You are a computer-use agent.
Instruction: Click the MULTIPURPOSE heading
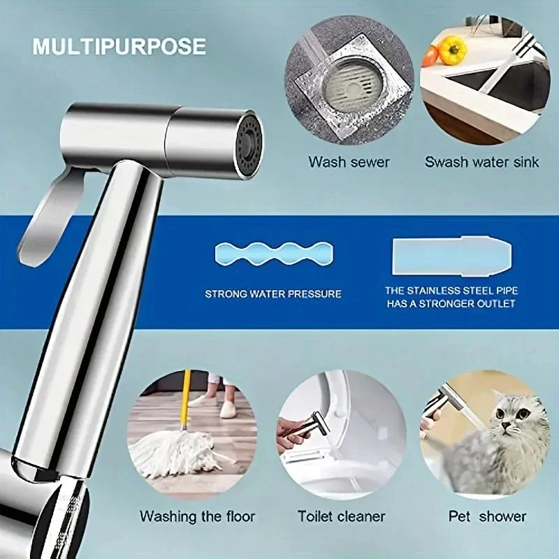[119, 46]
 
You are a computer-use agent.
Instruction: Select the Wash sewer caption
[349, 162]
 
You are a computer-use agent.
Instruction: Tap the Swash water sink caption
[482, 162]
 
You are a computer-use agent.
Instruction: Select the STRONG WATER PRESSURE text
[273, 294]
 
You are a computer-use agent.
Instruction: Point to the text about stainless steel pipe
[451, 297]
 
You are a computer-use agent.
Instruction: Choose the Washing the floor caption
[197, 517]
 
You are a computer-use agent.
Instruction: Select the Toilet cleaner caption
[342, 517]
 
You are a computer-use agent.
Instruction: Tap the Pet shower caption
[487, 517]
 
